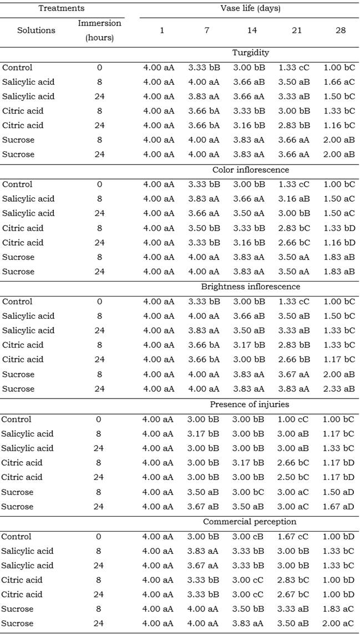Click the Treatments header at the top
[x=61, y=9]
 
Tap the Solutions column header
[x=36, y=30]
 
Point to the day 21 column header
[x=297, y=30]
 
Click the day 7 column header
[x=206, y=30]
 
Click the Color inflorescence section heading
[x=251, y=170]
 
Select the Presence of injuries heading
[x=251, y=404]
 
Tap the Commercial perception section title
[x=250, y=522]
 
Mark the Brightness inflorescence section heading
[x=250, y=287]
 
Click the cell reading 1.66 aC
[x=339, y=82]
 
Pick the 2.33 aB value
[x=339, y=389]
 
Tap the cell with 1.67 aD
[x=339, y=507]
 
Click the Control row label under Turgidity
[x=17, y=68]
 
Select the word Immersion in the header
[x=100, y=24]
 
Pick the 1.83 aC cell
[x=339, y=609]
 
